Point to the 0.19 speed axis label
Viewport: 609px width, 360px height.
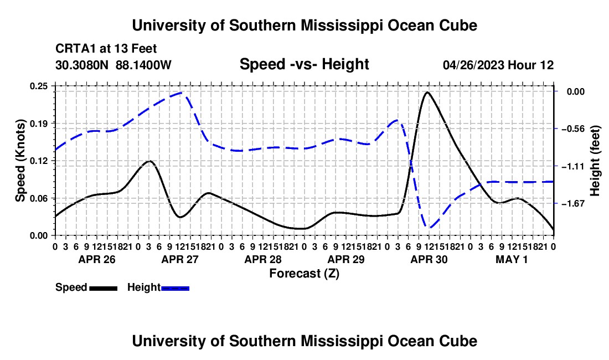click(39, 124)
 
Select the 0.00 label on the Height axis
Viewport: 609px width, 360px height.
click(576, 91)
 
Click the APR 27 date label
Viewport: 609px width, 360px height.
click(180, 259)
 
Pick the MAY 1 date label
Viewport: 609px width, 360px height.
click(512, 259)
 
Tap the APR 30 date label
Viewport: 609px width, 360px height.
click(429, 259)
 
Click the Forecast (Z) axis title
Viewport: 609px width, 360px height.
click(304, 274)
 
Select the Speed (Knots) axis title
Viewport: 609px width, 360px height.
click(20, 161)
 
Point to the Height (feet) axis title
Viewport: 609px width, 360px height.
click(595, 161)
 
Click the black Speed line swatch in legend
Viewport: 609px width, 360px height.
click(104, 288)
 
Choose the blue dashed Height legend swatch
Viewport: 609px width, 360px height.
click(175, 288)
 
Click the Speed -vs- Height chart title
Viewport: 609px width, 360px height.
click(304, 64)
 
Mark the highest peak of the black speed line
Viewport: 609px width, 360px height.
click(427, 92)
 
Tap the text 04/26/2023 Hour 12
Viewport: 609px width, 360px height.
click(498, 65)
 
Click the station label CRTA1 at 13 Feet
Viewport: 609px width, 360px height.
click(106, 49)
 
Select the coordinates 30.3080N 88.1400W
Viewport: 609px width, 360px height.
click(113, 65)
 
